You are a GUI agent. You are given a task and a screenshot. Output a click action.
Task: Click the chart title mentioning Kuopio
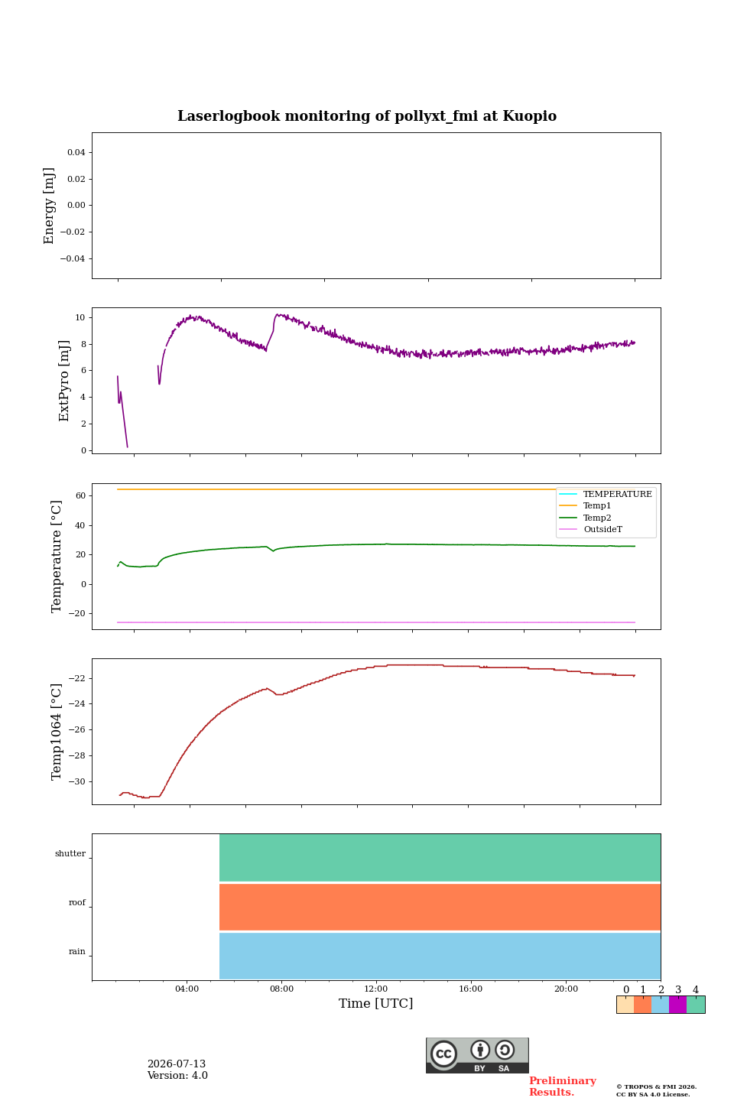click(x=367, y=116)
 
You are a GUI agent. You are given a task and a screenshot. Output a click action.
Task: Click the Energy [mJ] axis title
click(x=49, y=206)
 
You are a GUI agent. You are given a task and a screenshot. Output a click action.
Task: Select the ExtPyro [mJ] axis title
click(x=64, y=381)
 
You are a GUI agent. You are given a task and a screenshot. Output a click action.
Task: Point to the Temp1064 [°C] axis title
click(x=57, y=732)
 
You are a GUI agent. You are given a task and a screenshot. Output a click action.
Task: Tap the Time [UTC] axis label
click(x=375, y=1003)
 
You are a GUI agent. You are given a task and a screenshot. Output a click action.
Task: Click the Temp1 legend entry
click(x=597, y=506)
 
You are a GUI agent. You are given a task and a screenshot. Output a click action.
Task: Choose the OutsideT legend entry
click(x=602, y=529)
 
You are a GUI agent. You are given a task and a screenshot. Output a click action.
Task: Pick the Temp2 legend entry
click(x=597, y=518)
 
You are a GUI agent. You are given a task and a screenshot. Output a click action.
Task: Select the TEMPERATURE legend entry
click(x=618, y=494)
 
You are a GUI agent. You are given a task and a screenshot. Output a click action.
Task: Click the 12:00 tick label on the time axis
click(x=375, y=989)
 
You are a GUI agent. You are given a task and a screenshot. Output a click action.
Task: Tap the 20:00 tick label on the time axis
click(x=566, y=989)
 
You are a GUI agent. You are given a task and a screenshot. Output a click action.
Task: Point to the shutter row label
click(x=70, y=853)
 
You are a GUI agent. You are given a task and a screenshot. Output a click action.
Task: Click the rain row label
click(x=77, y=951)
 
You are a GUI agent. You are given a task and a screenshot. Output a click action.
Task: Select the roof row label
click(x=77, y=902)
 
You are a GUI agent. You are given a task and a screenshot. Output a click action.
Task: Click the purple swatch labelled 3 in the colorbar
click(x=677, y=1005)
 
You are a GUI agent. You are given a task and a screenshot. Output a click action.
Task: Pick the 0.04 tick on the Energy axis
click(x=76, y=152)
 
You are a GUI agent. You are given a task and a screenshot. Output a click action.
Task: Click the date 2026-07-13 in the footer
click(x=177, y=1064)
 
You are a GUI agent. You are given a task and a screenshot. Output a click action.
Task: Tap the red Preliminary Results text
click(x=563, y=1086)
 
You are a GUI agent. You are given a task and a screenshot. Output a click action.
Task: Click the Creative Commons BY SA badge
click(x=477, y=1055)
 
